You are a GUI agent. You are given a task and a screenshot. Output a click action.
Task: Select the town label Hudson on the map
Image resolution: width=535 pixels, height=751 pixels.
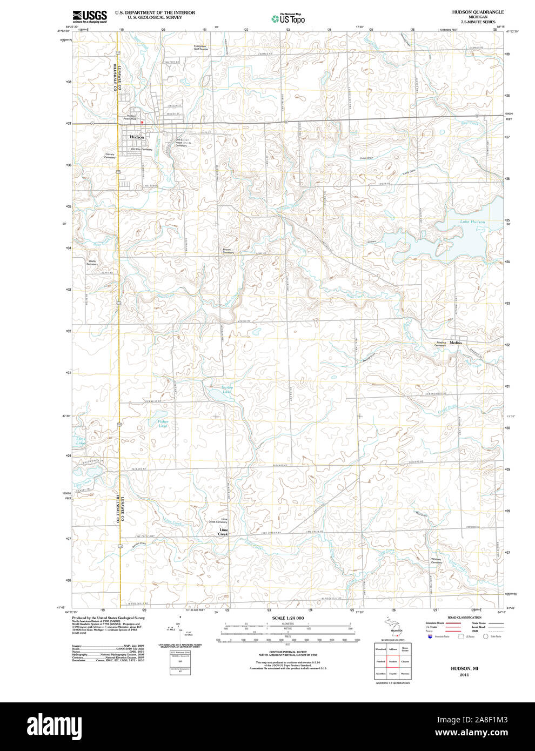[137, 137]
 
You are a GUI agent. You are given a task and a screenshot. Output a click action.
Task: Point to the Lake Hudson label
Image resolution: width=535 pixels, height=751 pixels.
[472, 222]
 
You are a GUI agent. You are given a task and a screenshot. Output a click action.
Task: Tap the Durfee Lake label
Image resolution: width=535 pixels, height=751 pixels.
[227, 390]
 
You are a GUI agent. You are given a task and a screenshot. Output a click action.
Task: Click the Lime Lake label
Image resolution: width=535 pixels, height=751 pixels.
[81, 441]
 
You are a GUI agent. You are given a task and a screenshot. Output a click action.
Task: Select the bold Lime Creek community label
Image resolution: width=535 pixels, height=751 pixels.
[223, 532]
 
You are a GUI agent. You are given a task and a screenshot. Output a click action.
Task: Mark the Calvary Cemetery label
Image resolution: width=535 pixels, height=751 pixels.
[110, 156]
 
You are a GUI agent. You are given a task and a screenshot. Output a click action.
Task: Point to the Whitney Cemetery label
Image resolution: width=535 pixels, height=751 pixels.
[437, 561]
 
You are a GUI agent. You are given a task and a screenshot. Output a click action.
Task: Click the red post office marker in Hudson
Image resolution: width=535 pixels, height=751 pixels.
[141, 122]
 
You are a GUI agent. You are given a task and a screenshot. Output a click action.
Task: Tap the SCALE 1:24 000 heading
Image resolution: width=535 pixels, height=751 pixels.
[287, 618]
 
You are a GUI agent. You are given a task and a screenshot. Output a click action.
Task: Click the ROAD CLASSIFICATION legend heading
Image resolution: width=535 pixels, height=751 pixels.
[464, 617]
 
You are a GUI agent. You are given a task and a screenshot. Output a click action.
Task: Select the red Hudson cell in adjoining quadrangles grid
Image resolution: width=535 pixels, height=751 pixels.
[393, 661]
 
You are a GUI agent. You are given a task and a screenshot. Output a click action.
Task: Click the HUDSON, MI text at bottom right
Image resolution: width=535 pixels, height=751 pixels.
[464, 668]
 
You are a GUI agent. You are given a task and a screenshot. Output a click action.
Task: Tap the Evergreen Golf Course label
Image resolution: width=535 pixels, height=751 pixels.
[200, 48]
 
